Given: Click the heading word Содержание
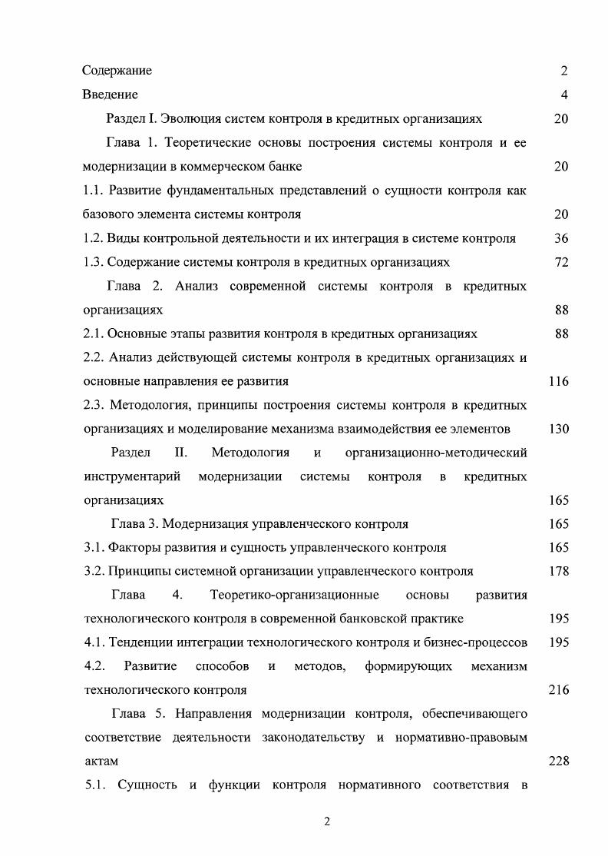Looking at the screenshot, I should pyautogui.click(x=117, y=71).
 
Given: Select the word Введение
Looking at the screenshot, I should pyautogui.click(x=110, y=95).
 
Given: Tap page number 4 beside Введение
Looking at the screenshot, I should pyautogui.click(x=563, y=95).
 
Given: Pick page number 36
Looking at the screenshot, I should pyautogui.click(x=560, y=238).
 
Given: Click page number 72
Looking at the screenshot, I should pyautogui.click(x=560, y=262).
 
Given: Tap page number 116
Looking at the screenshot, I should pyautogui.click(x=558, y=381).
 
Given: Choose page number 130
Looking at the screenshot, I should pyautogui.click(x=558, y=429).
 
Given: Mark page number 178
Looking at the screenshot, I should pyautogui.click(x=558, y=571).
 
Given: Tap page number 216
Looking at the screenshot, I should pyautogui.click(x=558, y=690).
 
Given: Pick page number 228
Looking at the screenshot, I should pyautogui.click(x=558, y=761).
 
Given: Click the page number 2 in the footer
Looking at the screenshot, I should pyautogui.click(x=326, y=821).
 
